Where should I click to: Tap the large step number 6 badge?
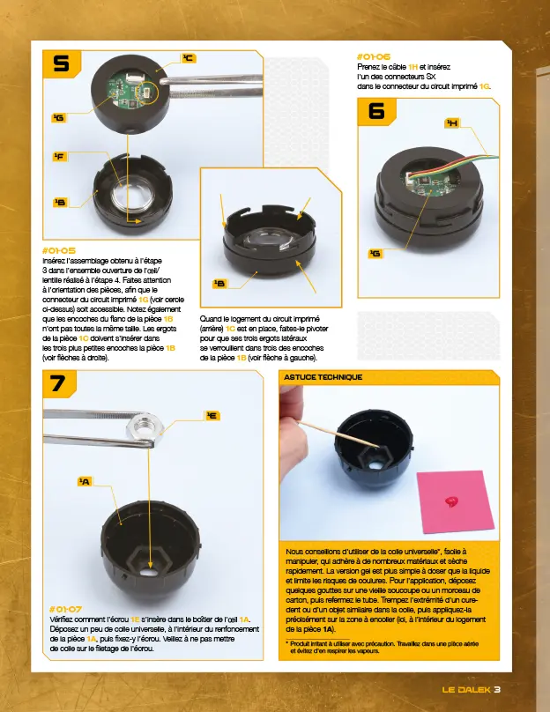pos(376,111)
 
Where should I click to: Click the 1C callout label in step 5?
pos(188,58)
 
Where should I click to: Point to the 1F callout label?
pos(58,157)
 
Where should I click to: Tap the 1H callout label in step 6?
pos(451,123)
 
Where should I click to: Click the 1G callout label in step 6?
pos(375,254)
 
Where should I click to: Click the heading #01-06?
pos(374,56)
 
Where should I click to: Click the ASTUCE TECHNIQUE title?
pos(322,376)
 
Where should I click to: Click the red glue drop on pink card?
pos(454,501)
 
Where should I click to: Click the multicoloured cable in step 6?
pos(480,159)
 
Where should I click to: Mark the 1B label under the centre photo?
pos(219,284)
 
